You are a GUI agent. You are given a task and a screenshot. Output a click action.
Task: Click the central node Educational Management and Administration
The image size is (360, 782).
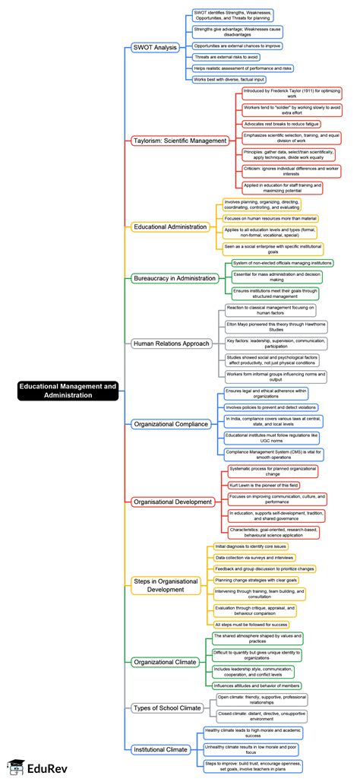(68, 391)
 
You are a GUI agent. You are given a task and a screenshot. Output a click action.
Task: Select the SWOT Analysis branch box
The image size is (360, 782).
(155, 48)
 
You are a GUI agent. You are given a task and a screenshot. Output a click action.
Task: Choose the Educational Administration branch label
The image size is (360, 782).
(170, 226)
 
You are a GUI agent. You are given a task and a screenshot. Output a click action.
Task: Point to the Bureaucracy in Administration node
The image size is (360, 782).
(175, 278)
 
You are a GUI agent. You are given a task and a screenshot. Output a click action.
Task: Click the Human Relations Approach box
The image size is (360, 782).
(171, 343)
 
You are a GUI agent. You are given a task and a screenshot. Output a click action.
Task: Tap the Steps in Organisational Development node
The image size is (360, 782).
(166, 585)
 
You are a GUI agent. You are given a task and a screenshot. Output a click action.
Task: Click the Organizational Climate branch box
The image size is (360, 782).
(167, 661)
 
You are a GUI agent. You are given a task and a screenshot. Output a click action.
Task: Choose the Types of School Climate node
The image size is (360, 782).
(167, 708)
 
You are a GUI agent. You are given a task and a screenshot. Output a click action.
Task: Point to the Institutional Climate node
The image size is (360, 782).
(161, 749)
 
